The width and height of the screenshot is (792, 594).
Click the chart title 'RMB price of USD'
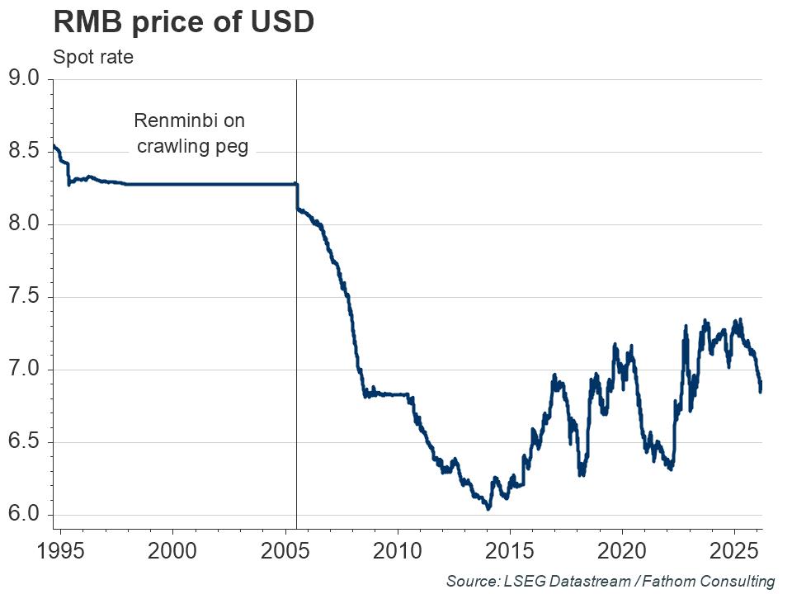point(183,21)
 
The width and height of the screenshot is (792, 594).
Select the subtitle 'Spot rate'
point(92,58)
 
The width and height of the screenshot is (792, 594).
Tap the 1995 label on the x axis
point(60,550)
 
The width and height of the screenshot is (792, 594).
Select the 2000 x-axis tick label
point(172,550)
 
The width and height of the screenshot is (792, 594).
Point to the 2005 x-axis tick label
point(285,550)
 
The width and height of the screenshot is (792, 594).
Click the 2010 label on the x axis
point(398,550)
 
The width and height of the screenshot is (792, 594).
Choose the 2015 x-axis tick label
point(510,550)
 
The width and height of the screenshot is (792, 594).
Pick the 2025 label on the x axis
point(734,550)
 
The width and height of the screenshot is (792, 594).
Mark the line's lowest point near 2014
point(488,508)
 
